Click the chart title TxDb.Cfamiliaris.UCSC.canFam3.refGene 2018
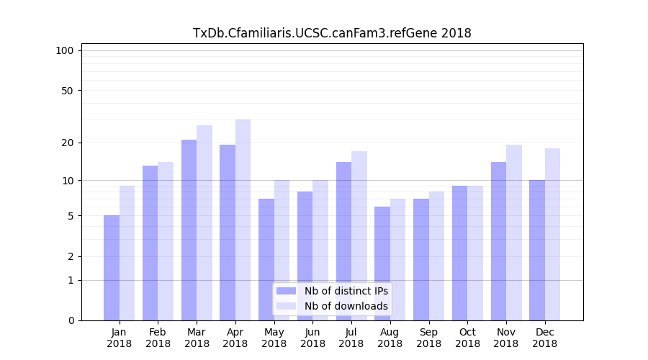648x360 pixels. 332,33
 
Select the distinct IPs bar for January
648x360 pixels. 112,268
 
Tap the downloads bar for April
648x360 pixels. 243,220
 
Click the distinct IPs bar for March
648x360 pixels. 189,230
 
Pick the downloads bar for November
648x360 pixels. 514,233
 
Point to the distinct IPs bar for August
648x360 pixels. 382,264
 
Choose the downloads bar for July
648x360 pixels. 359,235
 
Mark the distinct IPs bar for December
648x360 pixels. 537,250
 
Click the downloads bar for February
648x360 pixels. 166,241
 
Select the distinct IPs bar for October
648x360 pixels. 459,253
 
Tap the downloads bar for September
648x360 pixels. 436,256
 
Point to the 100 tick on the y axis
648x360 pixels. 65,50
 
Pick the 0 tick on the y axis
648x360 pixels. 71,320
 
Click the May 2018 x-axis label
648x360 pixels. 274,338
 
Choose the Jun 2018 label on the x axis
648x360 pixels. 312,338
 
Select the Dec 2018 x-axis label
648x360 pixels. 545,338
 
